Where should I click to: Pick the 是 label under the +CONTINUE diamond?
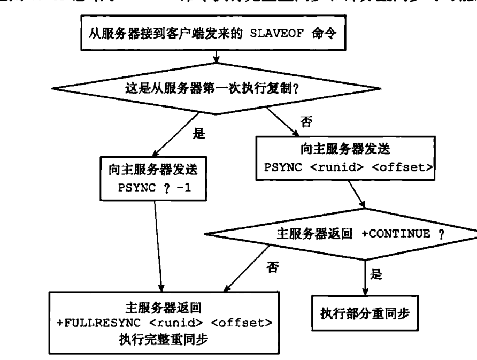click(x=376, y=274)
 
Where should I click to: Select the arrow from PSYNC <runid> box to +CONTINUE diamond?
click(x=358, y=195)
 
